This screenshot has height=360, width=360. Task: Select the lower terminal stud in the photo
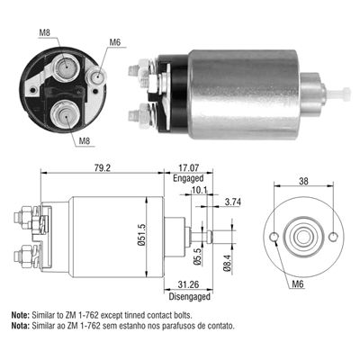[137, 114]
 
